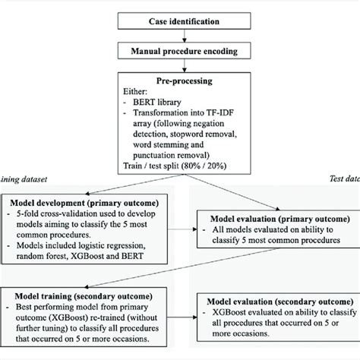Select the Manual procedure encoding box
click(180, 52)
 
